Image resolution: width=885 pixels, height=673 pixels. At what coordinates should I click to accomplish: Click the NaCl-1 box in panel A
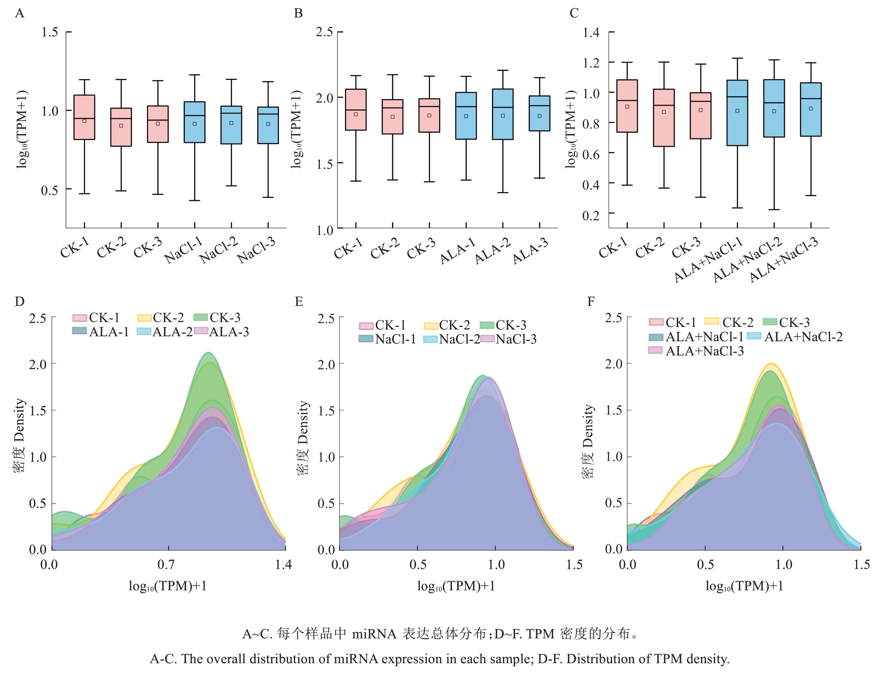[x=195, y=122]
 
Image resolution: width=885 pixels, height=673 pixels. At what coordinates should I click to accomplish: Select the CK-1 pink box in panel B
[x=356, y=109]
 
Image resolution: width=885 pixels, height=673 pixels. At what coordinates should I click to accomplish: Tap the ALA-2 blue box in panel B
[x=503, y=114]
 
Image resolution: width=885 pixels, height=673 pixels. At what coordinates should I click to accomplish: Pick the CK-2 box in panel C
[x=664, y=117]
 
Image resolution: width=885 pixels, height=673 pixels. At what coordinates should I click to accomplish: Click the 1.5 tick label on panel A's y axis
[x=49, y=32]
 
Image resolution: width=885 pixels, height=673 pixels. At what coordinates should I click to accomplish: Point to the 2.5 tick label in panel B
[x=324, y=32]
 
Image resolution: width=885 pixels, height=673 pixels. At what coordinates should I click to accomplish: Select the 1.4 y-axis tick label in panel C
[x=591, y=32]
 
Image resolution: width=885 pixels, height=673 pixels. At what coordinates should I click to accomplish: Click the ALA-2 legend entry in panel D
[x=165, y=332]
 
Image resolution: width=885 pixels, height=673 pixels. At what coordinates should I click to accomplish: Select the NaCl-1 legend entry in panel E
[x=387, y=339]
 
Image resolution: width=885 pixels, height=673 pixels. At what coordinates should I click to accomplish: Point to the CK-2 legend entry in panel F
[x=730, y=322]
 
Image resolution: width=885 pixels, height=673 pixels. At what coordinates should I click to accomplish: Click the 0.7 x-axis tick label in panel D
[x=166, y=565]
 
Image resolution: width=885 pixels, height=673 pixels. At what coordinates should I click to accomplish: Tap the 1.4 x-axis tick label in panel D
[x=283, y=565]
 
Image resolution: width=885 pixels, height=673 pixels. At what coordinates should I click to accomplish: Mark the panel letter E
[x=299, y=301]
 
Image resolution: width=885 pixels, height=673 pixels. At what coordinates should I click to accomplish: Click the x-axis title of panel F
[x=744, y=586]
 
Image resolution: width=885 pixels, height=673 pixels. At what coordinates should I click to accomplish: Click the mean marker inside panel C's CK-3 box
[x=701, y=110]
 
